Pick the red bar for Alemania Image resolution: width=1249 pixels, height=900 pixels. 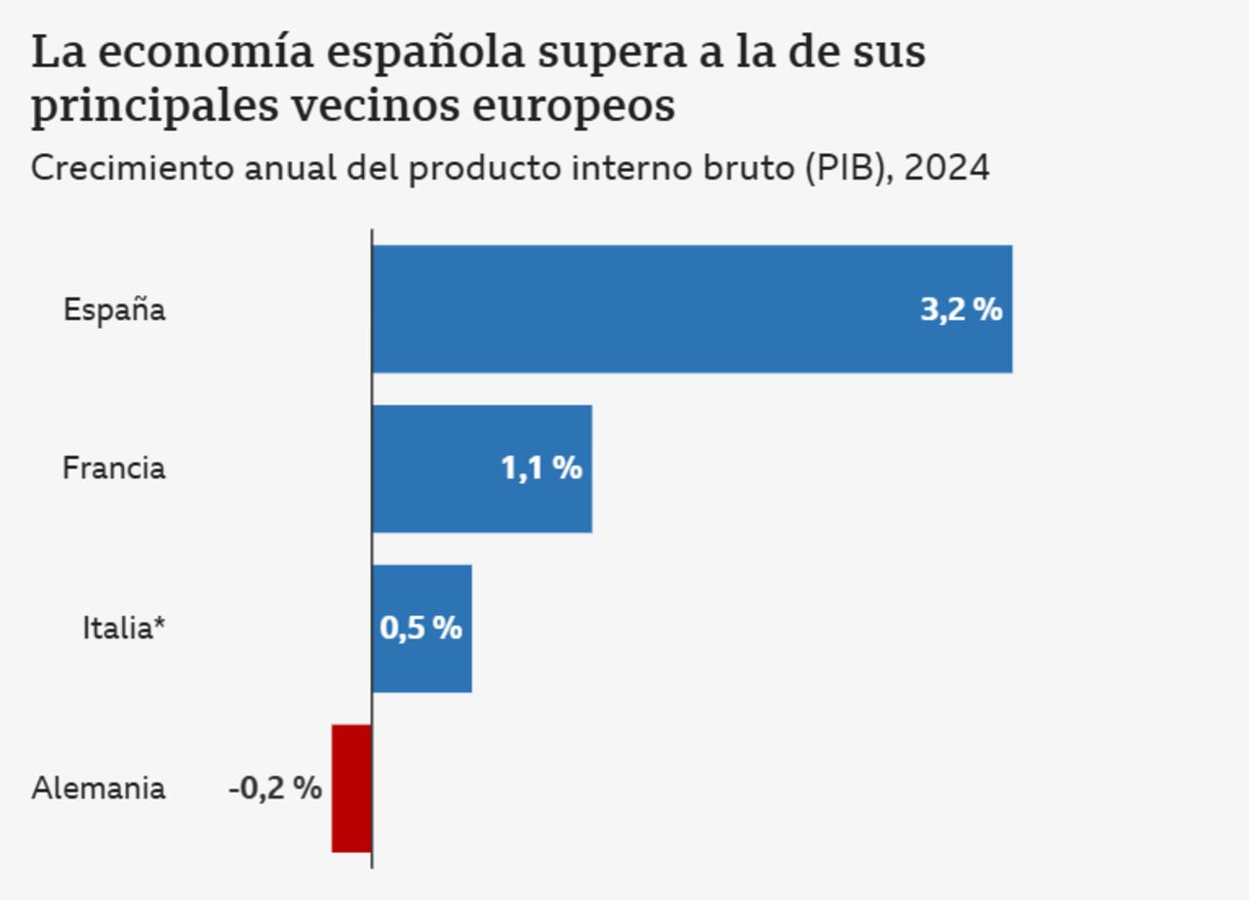[351, 788]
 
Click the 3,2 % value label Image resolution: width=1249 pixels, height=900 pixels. [961, 309]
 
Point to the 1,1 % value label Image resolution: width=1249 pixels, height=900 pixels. [542, 469]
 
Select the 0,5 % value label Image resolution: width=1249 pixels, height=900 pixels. [421, 628]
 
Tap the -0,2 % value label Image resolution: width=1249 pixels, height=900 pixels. [275, 788]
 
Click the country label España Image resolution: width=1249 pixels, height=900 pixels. [114, 310]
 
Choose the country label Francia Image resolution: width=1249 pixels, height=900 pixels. [114, 469]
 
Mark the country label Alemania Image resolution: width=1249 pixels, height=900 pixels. [99, 788]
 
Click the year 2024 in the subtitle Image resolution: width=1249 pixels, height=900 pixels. [946, 169]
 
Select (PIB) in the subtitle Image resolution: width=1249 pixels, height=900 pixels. [847, 169]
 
